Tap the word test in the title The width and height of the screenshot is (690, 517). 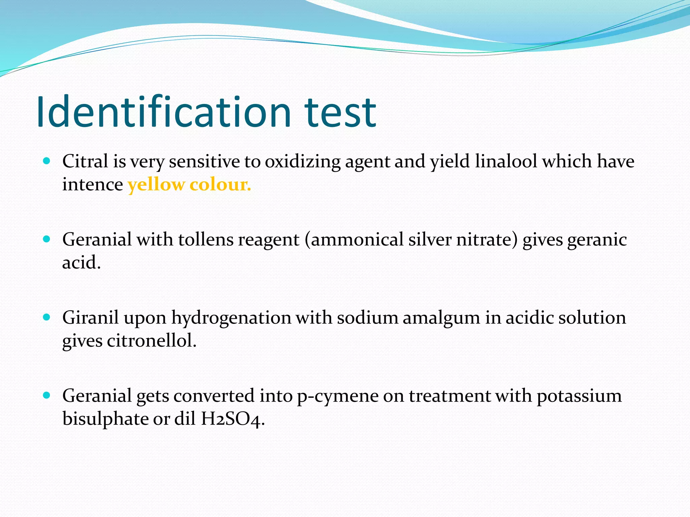tap(340, 113)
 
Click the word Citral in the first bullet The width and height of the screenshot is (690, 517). tap(85, 161)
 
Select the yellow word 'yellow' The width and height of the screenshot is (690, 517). tap(156, 185)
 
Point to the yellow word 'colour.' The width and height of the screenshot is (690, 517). tap(220, 184)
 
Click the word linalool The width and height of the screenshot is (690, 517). tap(506, 161)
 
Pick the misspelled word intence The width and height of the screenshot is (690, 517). tap(93, 184)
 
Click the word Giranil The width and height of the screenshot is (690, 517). tap(90, 318)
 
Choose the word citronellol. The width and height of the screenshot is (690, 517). tap(152, 341)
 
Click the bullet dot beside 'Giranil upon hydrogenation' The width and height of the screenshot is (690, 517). tap(47, 317)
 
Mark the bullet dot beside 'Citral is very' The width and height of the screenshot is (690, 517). tap(47, 161)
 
